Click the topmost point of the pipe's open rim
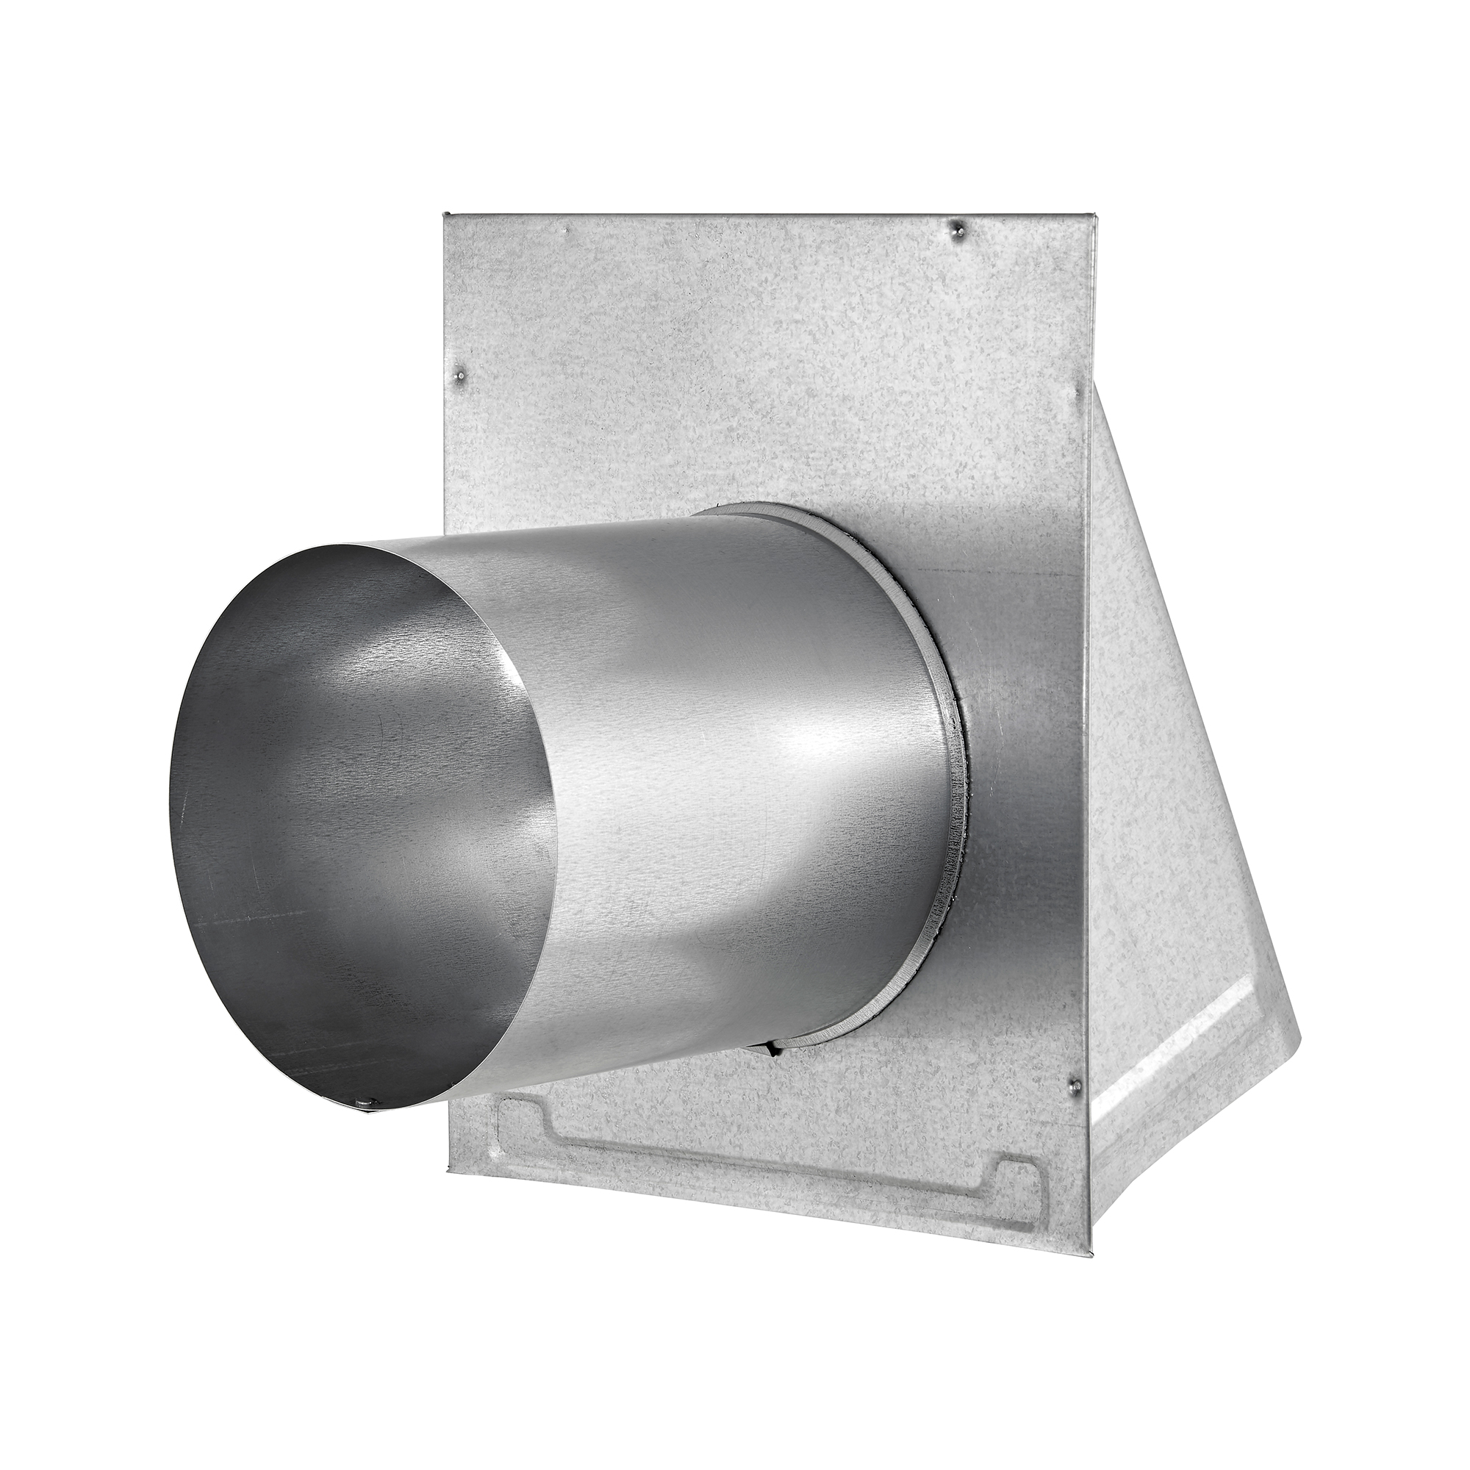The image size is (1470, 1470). (358, 545)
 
